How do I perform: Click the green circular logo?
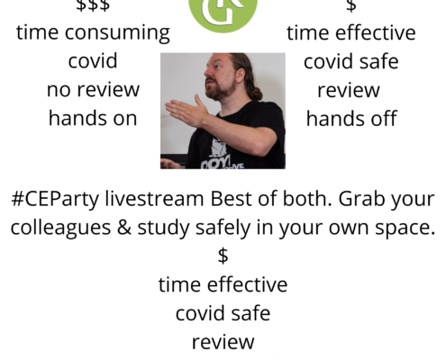click(223, 12)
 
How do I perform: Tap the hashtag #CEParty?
click(55, 200)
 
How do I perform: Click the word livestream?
click(154, 199)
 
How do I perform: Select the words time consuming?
click(93, 33)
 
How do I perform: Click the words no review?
click(93, 89)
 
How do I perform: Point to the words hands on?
click(93, 118)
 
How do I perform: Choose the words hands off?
click(351, 118)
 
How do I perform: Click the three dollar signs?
click(93, 5)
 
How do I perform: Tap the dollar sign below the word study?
click(223, 256)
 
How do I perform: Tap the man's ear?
click(241, 74)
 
